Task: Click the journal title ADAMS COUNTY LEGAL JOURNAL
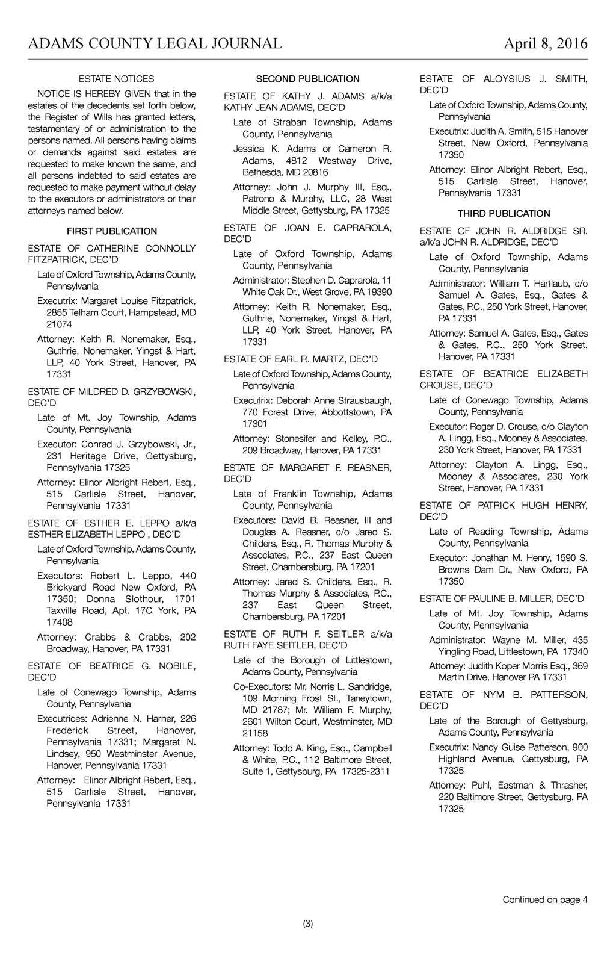pos(155,43)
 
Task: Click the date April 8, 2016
pos(545,43)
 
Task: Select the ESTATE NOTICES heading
pos(116,79)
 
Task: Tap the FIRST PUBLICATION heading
pos(112,231)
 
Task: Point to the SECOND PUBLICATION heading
pos(307,79)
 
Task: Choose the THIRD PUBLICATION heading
pos(504,214)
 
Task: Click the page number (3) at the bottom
pos(308,924)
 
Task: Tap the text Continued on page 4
pos(545,900)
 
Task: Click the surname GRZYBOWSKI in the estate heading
pos(159,392)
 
